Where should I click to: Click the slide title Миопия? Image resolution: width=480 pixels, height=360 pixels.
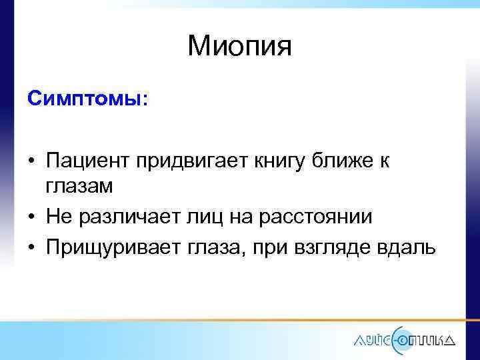coord(240,46)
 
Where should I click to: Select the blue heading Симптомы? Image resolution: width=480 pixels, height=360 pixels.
coord(89,99)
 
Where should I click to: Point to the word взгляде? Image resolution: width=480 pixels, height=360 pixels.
coord(339,247)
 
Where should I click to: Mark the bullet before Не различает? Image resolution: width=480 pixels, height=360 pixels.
coord(32,218)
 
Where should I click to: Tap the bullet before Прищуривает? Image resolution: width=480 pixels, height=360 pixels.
coord(32,247)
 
